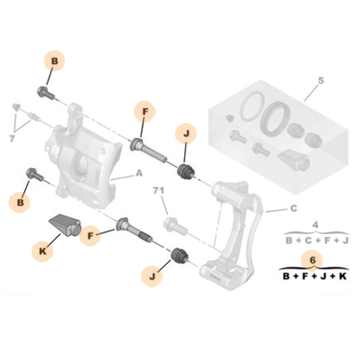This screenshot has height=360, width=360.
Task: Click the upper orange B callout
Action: (54, 61)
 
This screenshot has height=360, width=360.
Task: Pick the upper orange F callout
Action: (144, 111)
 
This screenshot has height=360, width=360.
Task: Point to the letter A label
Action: (138, 173)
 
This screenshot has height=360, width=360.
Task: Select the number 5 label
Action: (318, 81)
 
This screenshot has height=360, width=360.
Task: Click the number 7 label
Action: (11, 137)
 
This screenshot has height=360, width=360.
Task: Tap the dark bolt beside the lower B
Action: (35, 177)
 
